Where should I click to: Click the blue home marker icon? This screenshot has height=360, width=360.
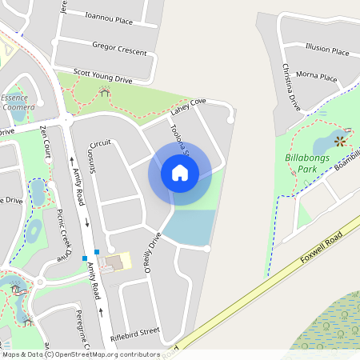(x=180, y=171)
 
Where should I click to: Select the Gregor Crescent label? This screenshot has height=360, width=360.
(x=120, y=49)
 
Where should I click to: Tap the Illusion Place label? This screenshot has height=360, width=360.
(x=327, y=51)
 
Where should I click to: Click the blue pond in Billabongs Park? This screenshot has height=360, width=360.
(x=324, y=146)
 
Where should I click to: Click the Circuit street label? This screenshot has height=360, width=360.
(x=100, y=142)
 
